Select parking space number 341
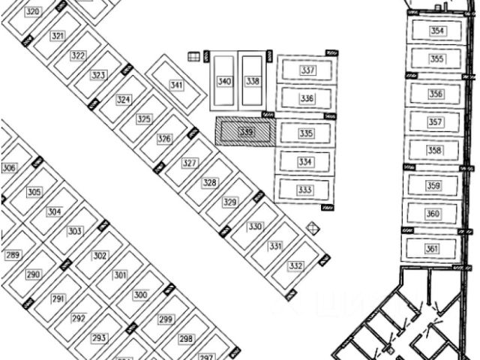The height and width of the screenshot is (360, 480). pos(176,85)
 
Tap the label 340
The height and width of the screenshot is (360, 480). pos(223,81)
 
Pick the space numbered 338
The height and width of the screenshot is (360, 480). pos(253,81)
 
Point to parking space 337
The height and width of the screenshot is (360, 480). pos(306,70)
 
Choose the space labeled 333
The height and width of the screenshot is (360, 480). pos(304,190)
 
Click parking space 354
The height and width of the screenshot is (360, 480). pos(436,31)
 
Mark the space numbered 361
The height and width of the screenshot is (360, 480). pos(432,249)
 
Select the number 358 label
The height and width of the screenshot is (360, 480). pos(435,150)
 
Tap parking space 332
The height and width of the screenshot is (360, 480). pos(295,265)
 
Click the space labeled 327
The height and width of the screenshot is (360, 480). pos(190,163)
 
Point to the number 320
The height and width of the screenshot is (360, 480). pos(33,12)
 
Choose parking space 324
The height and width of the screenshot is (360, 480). pos(124,100)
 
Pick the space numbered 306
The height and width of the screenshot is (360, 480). pos(9,169)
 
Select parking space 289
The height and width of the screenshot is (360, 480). pos(13,256)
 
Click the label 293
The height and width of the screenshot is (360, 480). pos(99,338)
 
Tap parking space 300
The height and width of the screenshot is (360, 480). pos(140,295)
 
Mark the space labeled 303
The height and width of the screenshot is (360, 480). pos(74,231)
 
